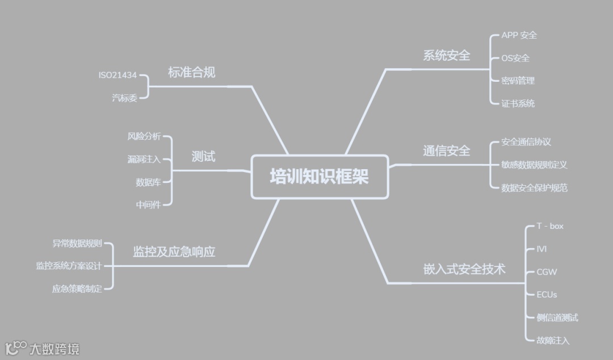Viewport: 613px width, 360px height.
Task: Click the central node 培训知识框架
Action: pyautogui.click(x=320, y=177)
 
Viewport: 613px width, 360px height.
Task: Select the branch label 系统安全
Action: pyautogui.click(x=447, y=55)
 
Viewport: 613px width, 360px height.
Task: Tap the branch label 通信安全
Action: pyautogui.click(x=447, y=150)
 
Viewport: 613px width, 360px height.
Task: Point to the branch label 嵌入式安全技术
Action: pyautogui.click(x=464, y=269)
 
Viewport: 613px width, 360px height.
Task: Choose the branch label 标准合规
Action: pyautogui.click(x=192, y=73)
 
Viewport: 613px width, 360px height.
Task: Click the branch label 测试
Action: pyautogui.click(x=203, y=157)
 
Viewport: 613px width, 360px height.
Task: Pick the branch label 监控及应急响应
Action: pyautogui.click(x=174, y=252)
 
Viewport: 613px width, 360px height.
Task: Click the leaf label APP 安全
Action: pyautogui.click(x=519, y=35)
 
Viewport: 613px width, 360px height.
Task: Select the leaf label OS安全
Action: pyautogui.click(x=515, y=58)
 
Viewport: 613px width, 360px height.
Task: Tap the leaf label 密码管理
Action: pyautogui.click(x=518, y=81)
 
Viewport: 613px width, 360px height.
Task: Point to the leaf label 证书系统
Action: pyautogui.click(x=518, y=103)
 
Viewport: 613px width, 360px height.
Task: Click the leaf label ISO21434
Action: pyautogui.click(x=117, y=75)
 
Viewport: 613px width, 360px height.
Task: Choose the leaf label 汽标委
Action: pyautogui.click(x=124, y=98)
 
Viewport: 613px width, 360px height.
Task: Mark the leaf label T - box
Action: pyautogui.click(x=550, y=226)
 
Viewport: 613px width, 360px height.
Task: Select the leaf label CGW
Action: pyautogui.click(x=547, y=271)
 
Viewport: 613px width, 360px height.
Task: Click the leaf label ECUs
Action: pyautogui.click(x=547, y=294)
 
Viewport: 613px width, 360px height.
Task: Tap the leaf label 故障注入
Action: pyautogui.click(x=553, y=340)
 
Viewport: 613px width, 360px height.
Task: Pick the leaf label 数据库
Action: pyautogui.click(x=148, y=182)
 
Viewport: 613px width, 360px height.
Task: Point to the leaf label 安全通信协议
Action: pyautogui.click(x=526, y=142)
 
